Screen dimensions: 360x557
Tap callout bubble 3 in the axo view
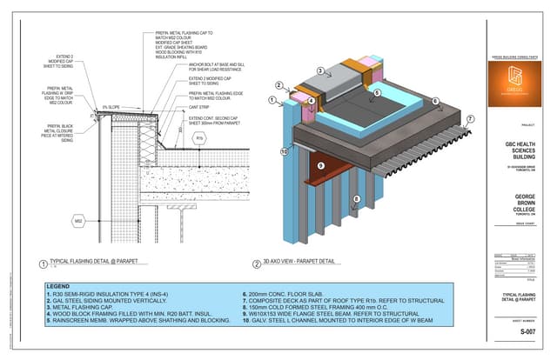click(x=320, y=71)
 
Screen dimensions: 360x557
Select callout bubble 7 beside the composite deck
click(x=471, y=119)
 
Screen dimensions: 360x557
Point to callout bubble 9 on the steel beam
click(x=320, y=165)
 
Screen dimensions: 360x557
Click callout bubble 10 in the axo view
click(x=283, y=152)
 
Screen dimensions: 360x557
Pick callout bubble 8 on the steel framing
click(x=354, y=200)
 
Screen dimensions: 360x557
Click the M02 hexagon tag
click(x=77, y=222)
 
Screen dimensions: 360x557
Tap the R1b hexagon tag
click(x=199, y=138)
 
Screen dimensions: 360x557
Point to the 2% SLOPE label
click(x=111, y=107)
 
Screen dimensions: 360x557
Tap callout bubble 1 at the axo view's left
click(x=272, y=100)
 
